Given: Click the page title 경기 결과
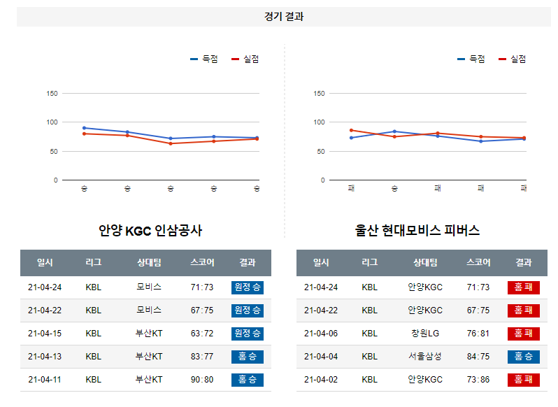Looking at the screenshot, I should pos(284,17).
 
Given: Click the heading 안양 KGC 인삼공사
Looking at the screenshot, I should pos(150,231).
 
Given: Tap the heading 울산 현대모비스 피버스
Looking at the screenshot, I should pos(417,231).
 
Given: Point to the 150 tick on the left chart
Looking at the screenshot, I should pos(52,93).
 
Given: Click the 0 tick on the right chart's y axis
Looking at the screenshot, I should pos(322,180).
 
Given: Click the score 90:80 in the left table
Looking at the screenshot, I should pos(202,379).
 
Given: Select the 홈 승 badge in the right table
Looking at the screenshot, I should pos(523,357).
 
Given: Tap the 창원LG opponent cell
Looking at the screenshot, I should pos(425,334).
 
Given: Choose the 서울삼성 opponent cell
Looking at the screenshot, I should pos(425,357).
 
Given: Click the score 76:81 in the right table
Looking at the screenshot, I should pos(478,334).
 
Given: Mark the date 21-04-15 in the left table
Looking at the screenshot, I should pos(45,334).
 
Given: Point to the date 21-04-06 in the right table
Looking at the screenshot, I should pos(321,334).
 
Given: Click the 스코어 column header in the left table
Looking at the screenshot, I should pos(202,263).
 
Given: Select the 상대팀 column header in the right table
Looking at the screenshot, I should pos(425,263).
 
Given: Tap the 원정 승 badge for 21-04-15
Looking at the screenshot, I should pos(248,334).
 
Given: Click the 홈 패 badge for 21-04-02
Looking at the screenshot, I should pos(523,380).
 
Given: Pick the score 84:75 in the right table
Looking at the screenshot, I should pos(478,357).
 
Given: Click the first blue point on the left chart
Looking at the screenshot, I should pos(84,128).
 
